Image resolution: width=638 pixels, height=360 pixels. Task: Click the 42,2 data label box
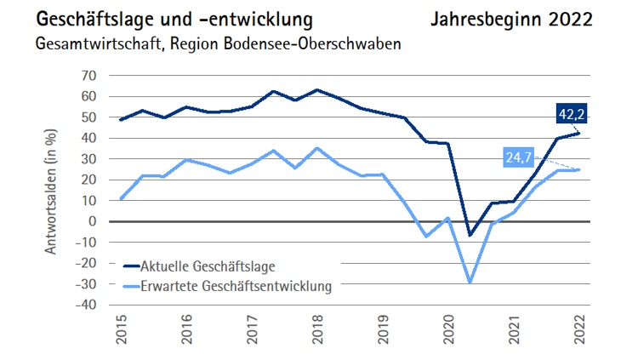click(572, 114)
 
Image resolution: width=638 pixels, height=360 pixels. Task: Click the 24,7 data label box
click(521, 157)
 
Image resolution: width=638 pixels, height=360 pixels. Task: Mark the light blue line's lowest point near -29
click(469, 282)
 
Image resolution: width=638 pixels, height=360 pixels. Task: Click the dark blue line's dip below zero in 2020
click(469, 235)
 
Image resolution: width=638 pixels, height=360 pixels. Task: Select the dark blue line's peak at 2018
click(317, 89)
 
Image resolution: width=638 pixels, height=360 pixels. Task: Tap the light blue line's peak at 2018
click(317, 148)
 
